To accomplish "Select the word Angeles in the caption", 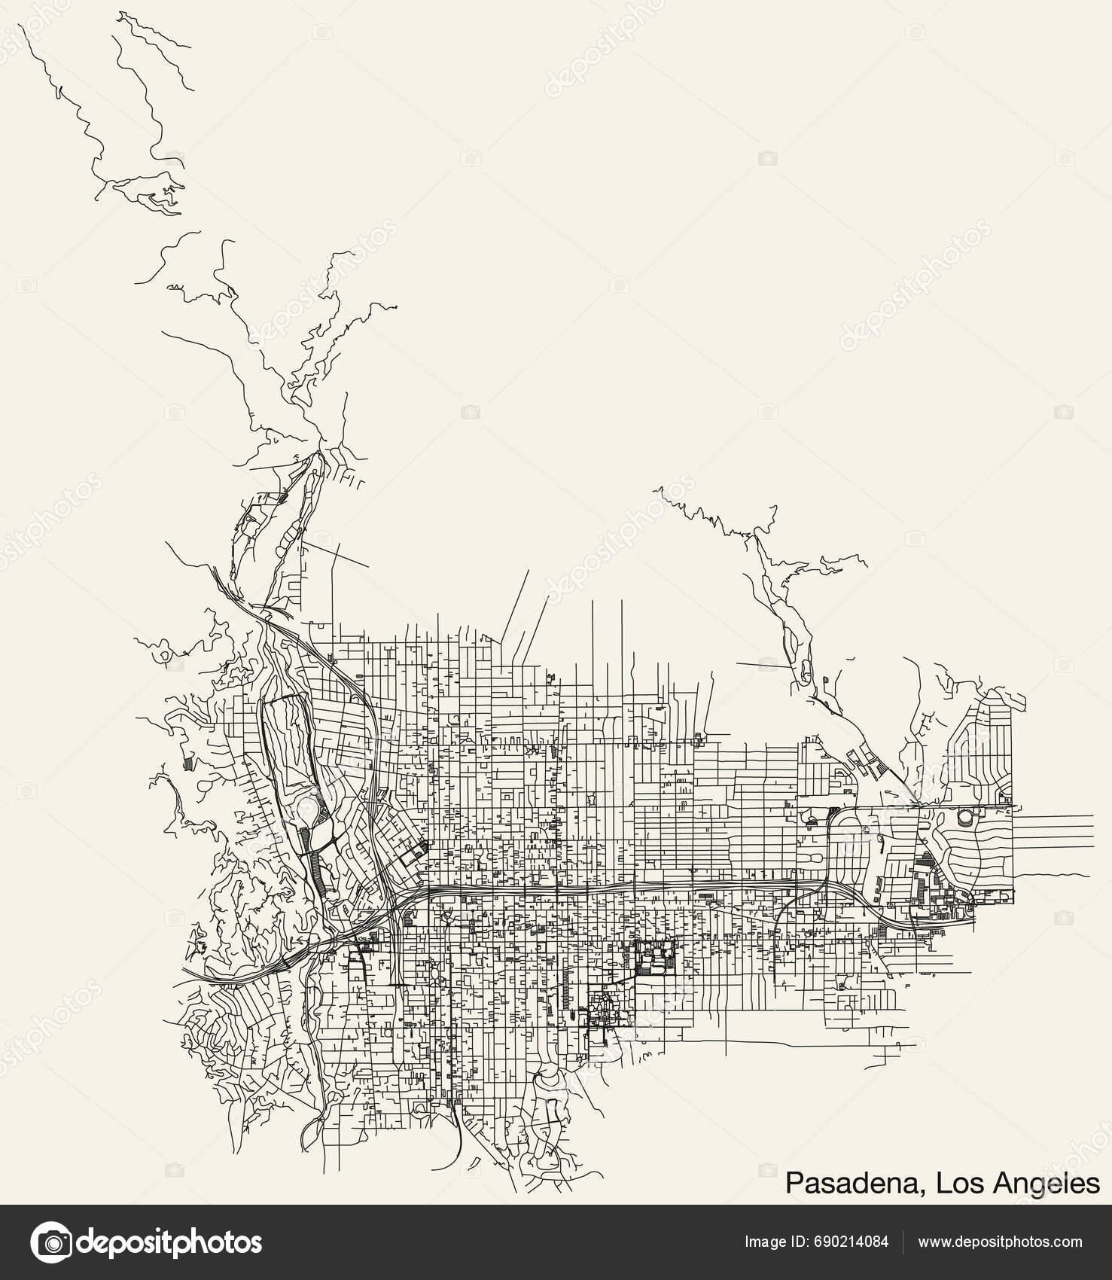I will click(1046, 1183).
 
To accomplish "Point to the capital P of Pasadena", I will click(794, 1183).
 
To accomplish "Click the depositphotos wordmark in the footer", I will click(170, 1242).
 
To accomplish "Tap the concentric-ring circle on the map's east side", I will click(964, 816).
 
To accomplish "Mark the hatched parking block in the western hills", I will click(187, 763).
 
